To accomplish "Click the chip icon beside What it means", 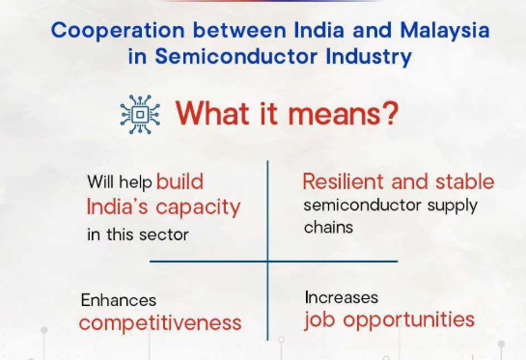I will pos(142,115).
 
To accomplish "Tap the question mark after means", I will pos(387,115).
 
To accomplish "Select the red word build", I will pos(180,181).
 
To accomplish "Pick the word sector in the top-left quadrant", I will pos(162,235).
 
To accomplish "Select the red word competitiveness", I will pos(160,322).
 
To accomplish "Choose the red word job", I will pos(318,319).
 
